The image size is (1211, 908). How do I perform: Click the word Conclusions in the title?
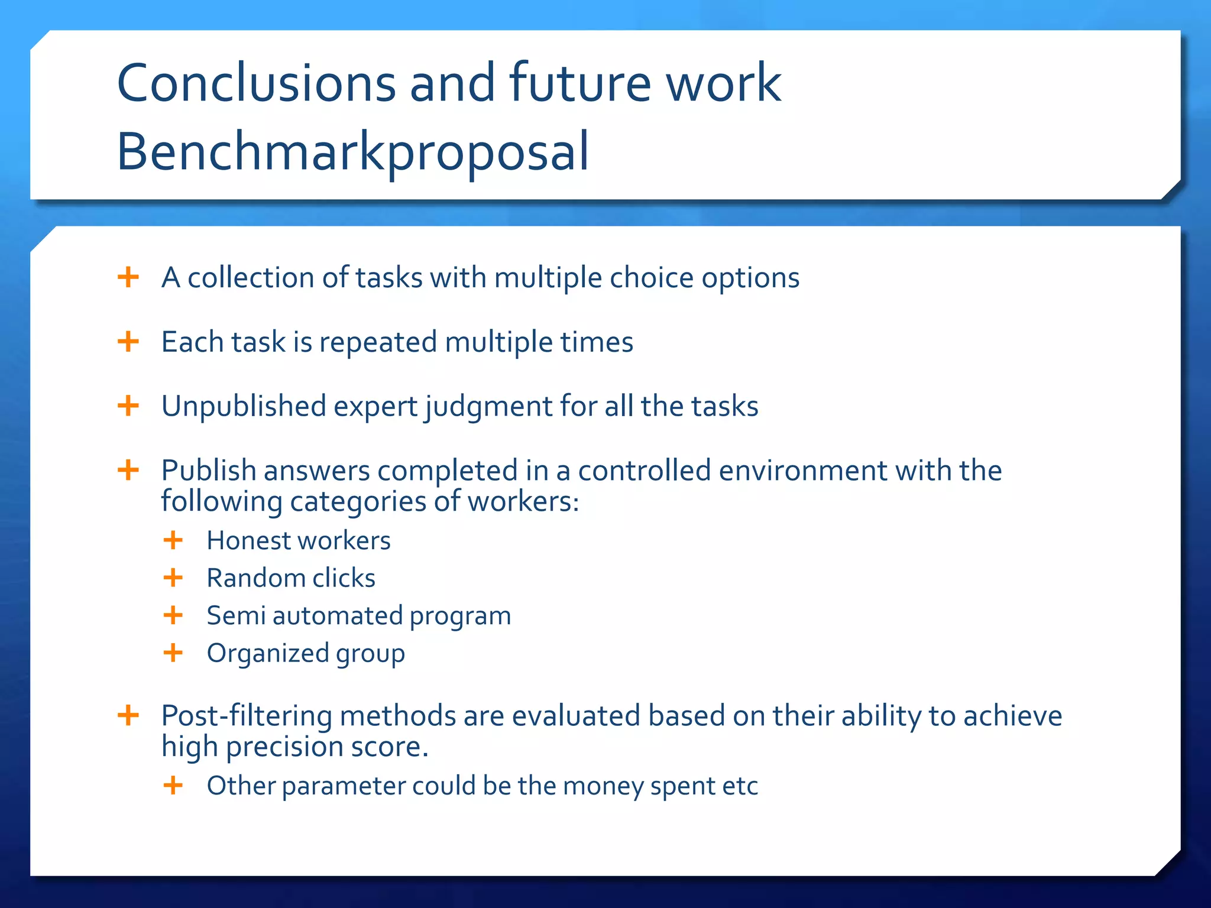coord(256,83)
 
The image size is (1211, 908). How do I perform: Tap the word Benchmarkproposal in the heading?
coord(352,153)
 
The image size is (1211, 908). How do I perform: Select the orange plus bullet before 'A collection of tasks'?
coord(128,277)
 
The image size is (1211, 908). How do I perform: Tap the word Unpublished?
coord(244,407)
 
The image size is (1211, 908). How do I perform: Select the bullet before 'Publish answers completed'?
coord(128,471)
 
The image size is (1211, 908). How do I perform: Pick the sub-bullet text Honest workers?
coord(298,541)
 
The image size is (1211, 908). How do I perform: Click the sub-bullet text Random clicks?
coord(291,578)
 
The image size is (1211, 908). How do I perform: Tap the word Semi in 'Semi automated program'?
coord(236,616)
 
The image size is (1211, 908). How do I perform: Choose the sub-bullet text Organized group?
coord(306,654)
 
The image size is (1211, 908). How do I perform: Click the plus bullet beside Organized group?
coord(173,653)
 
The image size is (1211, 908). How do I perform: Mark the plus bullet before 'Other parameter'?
coord(173,786)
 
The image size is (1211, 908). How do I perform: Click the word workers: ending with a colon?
coord(523,502)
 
